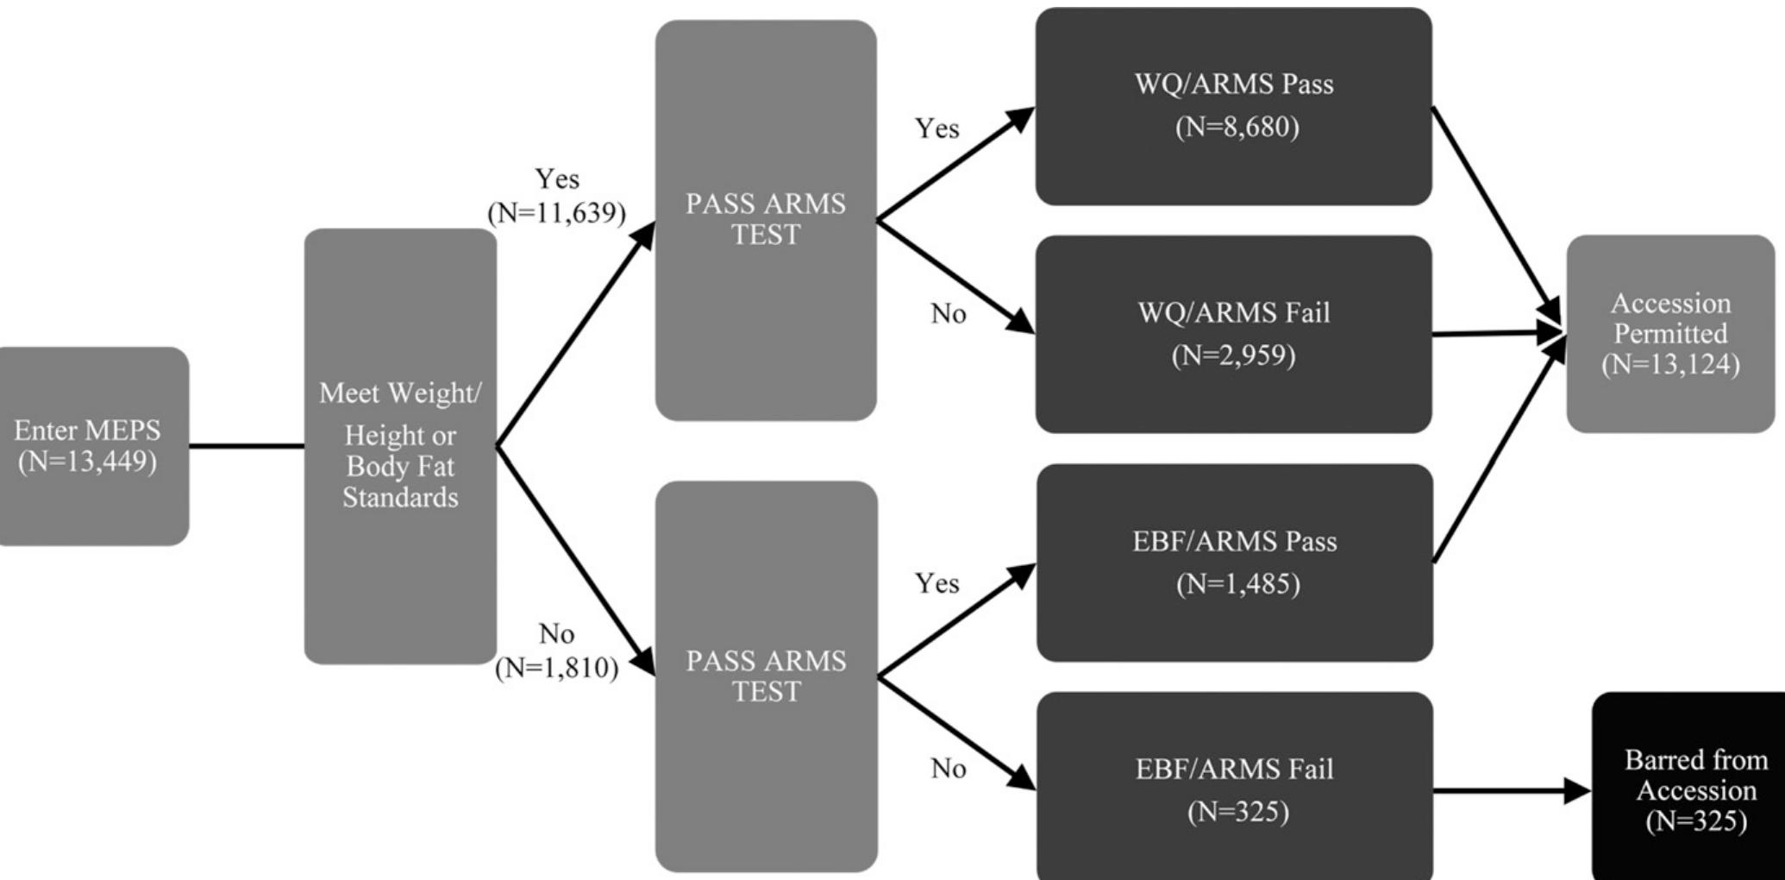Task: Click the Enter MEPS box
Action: (x=91, y=446)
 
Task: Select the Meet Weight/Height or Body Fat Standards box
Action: (x=400, y=446)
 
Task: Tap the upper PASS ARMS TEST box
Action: (x=766, y=220)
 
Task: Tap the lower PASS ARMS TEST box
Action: (x=766, y=676)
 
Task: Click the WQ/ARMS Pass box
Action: (x=1233, y=106)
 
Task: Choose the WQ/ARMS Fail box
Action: (x=1233, y=334)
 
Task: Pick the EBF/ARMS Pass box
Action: (x=1234, y=563)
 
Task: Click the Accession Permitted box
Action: (x=1670, y=334)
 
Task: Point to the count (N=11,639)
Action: (x=557, y=212)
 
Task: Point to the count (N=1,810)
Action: (x=557, y=668)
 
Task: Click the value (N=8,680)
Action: (x=1237, y=128)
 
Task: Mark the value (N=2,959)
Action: (x=1233, y=355)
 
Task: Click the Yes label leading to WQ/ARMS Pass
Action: (x=937, y=129)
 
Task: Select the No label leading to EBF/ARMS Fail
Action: (x=949, y=769)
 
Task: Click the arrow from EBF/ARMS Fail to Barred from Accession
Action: (x=1509, y=789)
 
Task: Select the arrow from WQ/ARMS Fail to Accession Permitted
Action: (x=1496, y=333)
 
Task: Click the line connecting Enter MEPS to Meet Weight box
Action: (x=247, y=446)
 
